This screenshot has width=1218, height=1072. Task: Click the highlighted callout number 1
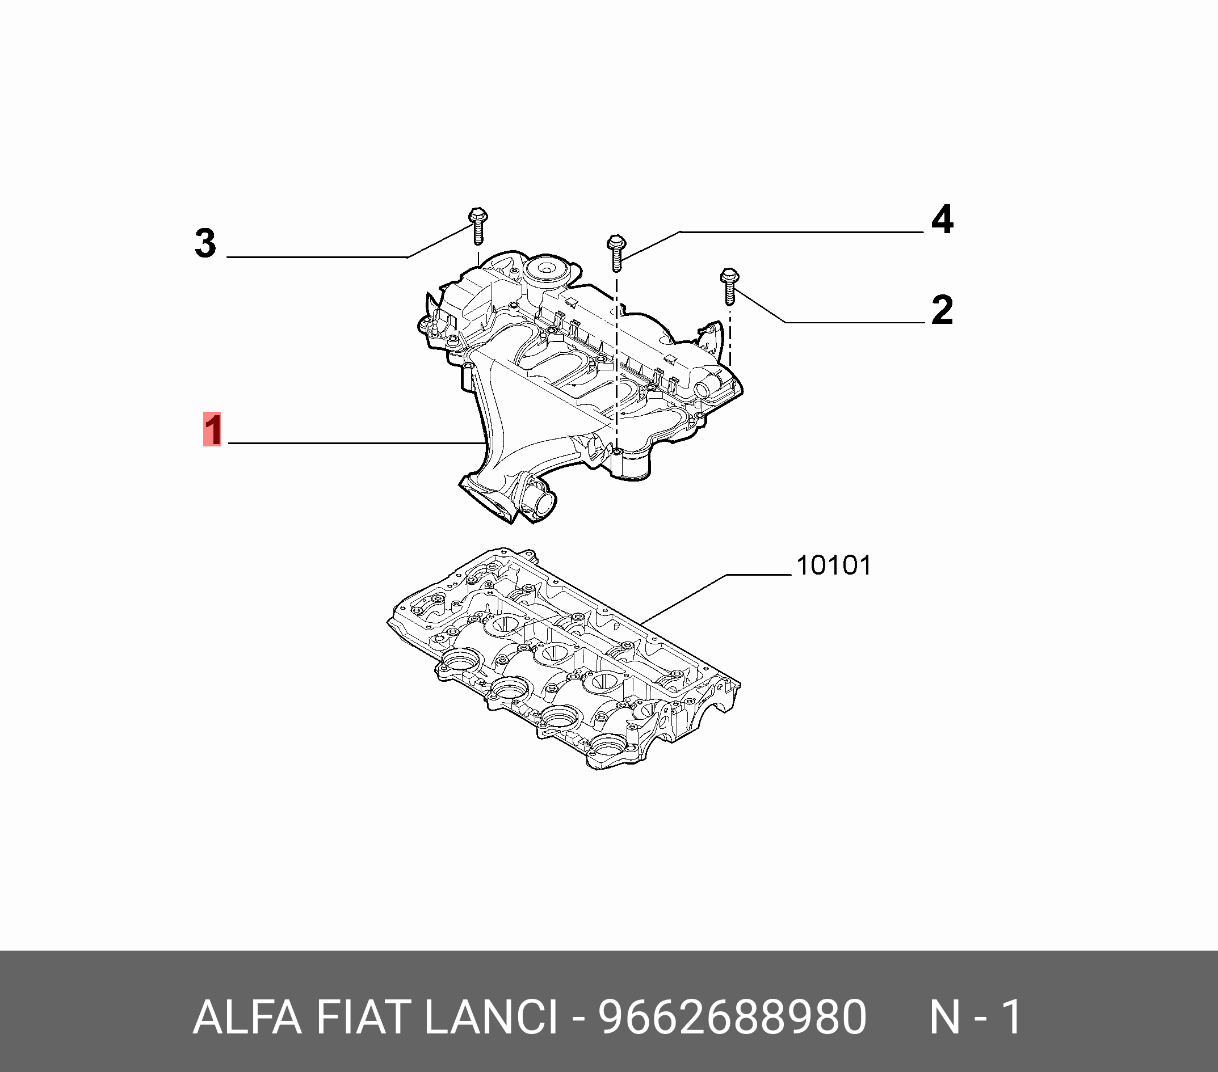(212, 429)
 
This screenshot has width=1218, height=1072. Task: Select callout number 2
(942, 310)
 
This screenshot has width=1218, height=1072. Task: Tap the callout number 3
(205, 243)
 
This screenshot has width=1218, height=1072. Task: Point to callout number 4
(942, 220)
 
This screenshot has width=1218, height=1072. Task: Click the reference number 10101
(834, 566)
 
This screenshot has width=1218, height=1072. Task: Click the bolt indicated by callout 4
(616, 252)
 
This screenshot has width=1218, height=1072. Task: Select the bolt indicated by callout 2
(730, 286)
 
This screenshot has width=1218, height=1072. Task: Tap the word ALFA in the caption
(247, 1017)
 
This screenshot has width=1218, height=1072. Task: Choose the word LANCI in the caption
(491, 1017)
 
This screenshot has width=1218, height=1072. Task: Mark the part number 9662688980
(732, 1017)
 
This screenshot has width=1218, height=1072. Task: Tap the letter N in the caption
(945, 1017)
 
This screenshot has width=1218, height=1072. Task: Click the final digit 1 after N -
(1013, 1017)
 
